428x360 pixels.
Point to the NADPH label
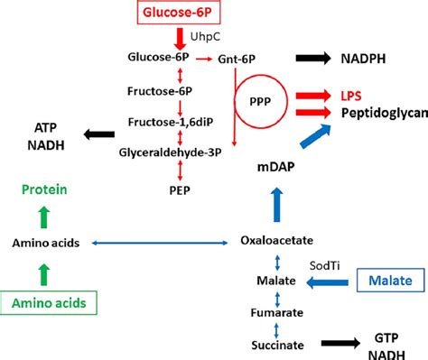pyautogui.click(x=367, y=58)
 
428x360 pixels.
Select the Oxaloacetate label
pyautogui.click(x=277, y=241)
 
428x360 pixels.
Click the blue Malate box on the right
pyautogui.click(x=389, y=282)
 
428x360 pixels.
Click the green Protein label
pyautogui.click(x=42, y=189)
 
